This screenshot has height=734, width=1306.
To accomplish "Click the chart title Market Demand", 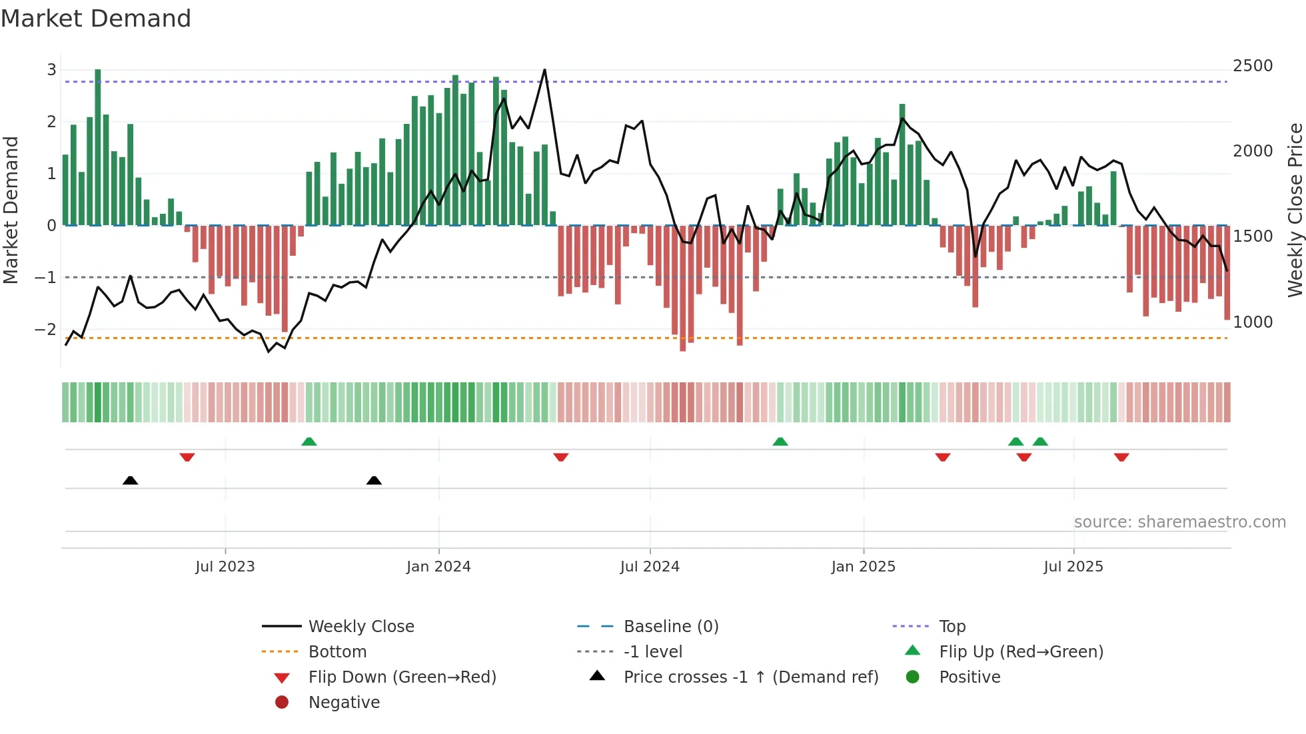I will tap(96, 19).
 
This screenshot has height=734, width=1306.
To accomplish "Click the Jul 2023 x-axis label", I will tap(225, 567).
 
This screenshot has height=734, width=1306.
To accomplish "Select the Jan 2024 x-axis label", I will tap(438, 567).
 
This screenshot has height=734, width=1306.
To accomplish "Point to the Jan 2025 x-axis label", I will tap(864, 567).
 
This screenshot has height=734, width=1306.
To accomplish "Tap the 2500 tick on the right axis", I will tap(1253, 66).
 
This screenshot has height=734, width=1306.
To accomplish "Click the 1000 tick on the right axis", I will tap(1253, 322).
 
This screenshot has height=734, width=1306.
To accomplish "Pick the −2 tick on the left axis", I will tap(45, 329).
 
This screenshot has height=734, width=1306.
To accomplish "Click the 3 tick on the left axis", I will tap(51, 69).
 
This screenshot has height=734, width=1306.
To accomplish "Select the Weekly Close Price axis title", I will tap(1295, 210).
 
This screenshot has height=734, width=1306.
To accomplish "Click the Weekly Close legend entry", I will tap(360, 627).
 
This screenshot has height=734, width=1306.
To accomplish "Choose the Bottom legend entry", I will tap(337, 652).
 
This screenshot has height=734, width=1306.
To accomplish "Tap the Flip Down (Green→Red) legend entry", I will tap(402, 677).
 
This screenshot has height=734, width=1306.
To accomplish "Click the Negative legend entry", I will tap(344, 703).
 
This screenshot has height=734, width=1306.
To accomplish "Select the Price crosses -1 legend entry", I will tap(750, 677).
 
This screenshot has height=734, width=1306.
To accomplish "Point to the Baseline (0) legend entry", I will tap(670, 627).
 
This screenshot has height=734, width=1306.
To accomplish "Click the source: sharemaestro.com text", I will tap(1179, 522).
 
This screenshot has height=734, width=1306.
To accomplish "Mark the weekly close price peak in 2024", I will tap(544, 69).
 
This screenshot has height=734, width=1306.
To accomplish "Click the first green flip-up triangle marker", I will tap(309, 442).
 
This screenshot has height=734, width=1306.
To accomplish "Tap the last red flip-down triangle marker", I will tap(1121, 457).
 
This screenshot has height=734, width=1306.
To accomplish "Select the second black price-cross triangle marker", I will tap(374, 480).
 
